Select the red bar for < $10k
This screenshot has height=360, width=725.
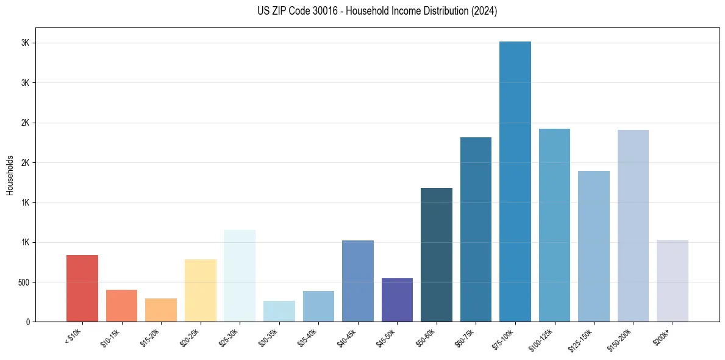point(82,288)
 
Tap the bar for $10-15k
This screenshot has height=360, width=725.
point(121,306)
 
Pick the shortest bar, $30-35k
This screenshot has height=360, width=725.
point(279,311)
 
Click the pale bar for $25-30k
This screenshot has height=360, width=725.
point(240,276)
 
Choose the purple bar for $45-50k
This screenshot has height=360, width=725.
point(397,300)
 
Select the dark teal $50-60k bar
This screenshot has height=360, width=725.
point(437,254)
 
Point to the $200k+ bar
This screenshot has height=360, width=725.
point(673,281)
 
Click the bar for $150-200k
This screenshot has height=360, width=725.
point(633,226)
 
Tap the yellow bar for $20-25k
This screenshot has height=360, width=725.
point(200,290)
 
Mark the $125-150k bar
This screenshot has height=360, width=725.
point(594,246)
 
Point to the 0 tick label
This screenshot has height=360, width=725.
point(28,322)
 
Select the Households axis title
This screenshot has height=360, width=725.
point(10,175)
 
